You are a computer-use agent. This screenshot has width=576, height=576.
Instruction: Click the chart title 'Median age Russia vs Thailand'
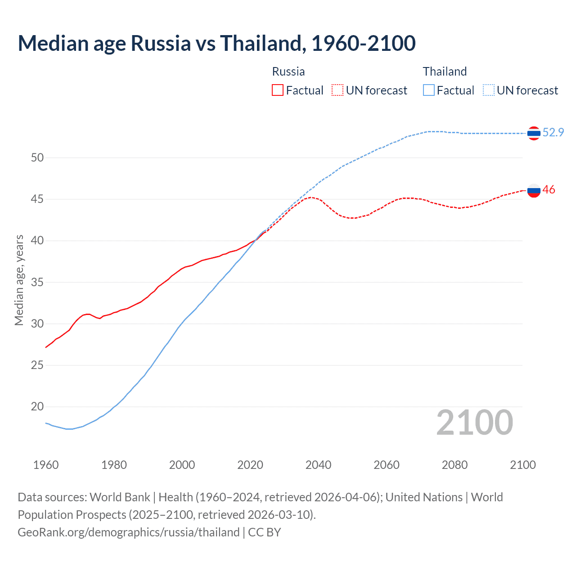[216, 43]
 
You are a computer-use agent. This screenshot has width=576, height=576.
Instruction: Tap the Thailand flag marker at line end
[534, 133]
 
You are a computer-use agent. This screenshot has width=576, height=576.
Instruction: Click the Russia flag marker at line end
[534, 190]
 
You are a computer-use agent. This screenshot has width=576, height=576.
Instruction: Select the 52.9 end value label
[553, 132]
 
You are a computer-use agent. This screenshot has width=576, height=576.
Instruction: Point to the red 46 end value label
[549, 189]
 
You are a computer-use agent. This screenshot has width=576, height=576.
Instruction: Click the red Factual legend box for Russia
[278, 90]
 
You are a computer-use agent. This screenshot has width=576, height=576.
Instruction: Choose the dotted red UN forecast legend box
[337, 90]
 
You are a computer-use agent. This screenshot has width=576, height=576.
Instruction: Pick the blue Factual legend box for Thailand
[429, 90]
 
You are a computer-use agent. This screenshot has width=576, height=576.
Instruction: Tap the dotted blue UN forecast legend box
[489, 90]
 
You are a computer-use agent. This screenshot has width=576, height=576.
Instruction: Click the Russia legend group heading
[288, 72]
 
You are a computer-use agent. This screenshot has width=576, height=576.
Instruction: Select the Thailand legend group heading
[445, 72]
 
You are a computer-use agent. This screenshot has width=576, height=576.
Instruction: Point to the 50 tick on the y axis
[37, 157]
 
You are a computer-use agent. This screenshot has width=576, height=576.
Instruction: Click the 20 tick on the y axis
[37, 407]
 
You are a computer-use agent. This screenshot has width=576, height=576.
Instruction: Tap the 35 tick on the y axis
[37, 282]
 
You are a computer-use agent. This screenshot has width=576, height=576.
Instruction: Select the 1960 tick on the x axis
[46, 465]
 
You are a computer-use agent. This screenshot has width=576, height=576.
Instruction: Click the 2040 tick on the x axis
[318, 465]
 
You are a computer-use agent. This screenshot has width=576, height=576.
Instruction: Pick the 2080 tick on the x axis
[454, 465]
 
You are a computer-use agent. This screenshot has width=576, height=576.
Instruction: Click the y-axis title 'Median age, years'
[19, 280]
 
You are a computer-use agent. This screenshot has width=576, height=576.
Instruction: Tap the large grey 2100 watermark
[475, 422]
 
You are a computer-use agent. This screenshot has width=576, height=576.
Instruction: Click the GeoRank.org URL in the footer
[128, 532]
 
